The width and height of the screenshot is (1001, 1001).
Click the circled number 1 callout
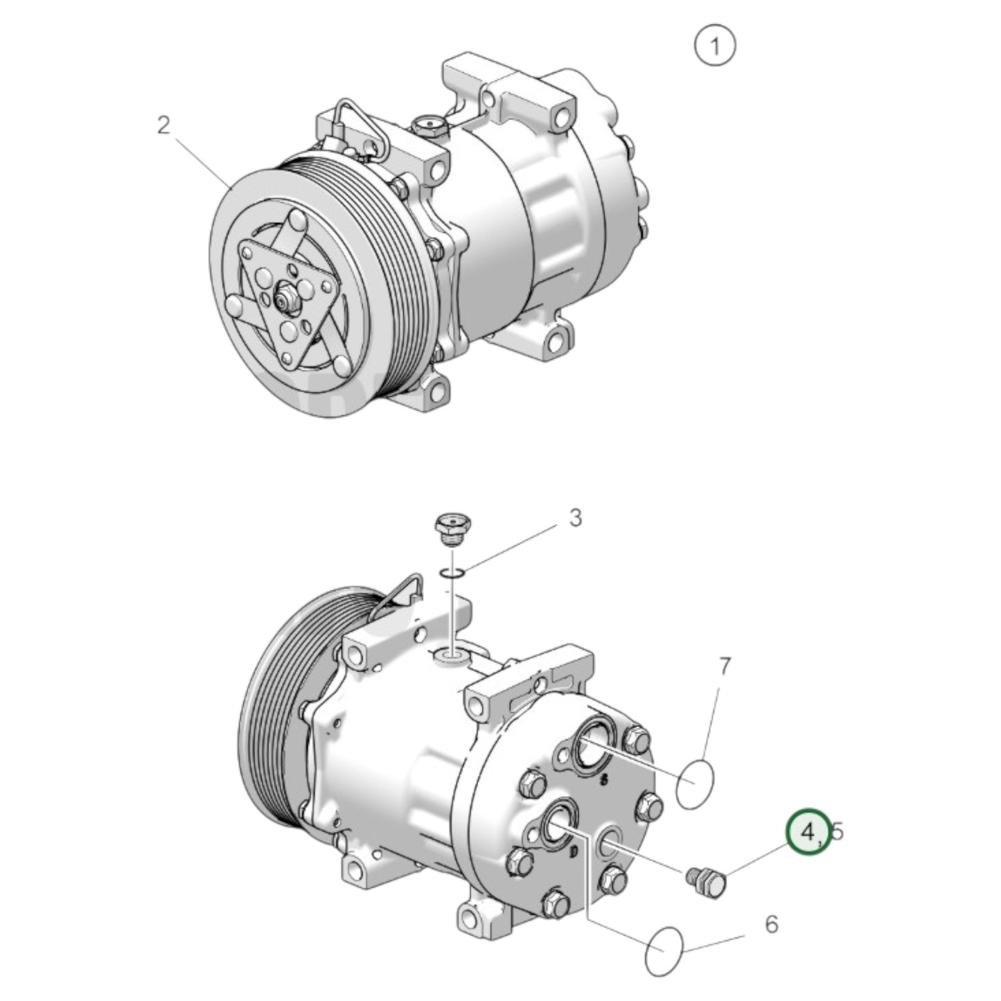pyautogui.click(x=714, y=46)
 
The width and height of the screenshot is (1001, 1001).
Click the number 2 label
pyautogui.click(x=163, y=126)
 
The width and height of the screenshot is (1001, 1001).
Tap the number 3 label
pyautogui.click(x=575, y=517)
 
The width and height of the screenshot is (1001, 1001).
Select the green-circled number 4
pyautogui.click(x=808, y=831)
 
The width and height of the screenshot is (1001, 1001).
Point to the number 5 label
pyautogui.click(x=838, y=831)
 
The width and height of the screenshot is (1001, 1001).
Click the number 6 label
pyautogui.click(x=771, y=924)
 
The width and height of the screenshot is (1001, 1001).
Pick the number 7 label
pyautogui.click(x=725, y=666)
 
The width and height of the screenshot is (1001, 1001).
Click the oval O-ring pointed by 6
pyautogui.click(x=664, y=950)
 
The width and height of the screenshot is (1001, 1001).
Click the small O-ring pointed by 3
pyautogui.click(x=451, y=572)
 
